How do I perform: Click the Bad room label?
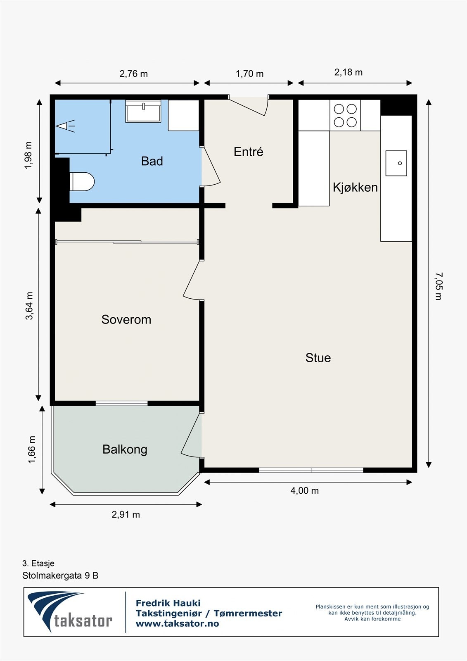[x=152, y=161]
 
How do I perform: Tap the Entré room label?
[x=249, y=152]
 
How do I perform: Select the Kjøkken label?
[x=355, y=188]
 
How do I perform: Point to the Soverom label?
[x=126, y=320]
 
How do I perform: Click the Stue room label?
[x=318, y=358]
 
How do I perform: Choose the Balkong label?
[x=125, y=450]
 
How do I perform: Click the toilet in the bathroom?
[x=82, y=181]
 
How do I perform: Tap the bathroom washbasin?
[x=143, y=111]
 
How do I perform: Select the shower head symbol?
[x=66, y=126]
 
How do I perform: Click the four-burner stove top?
[x=345, y=115]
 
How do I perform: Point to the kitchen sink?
[x=396, y=163]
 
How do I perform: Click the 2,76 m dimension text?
[x=134, y=74]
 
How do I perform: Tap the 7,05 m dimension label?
[x=439, y=286]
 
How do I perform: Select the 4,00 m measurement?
[x=304, y=490]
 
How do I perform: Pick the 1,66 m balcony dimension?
[x=32, y=449]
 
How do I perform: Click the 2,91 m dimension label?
[x=126, y=514]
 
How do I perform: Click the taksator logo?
[x=70, y=612]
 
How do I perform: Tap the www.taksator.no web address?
[x=177, y=623]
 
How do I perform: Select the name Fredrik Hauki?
[x=168, y=603]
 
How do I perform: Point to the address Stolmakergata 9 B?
[x=60, y=575]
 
